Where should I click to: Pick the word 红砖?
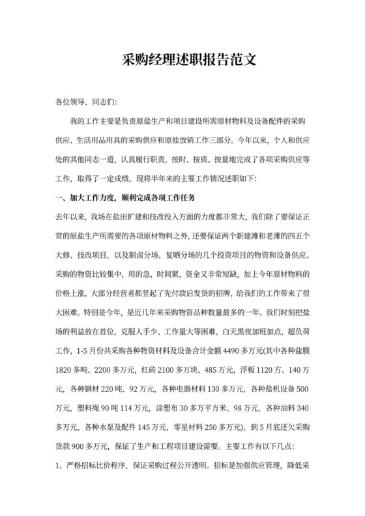pos(149,367)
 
